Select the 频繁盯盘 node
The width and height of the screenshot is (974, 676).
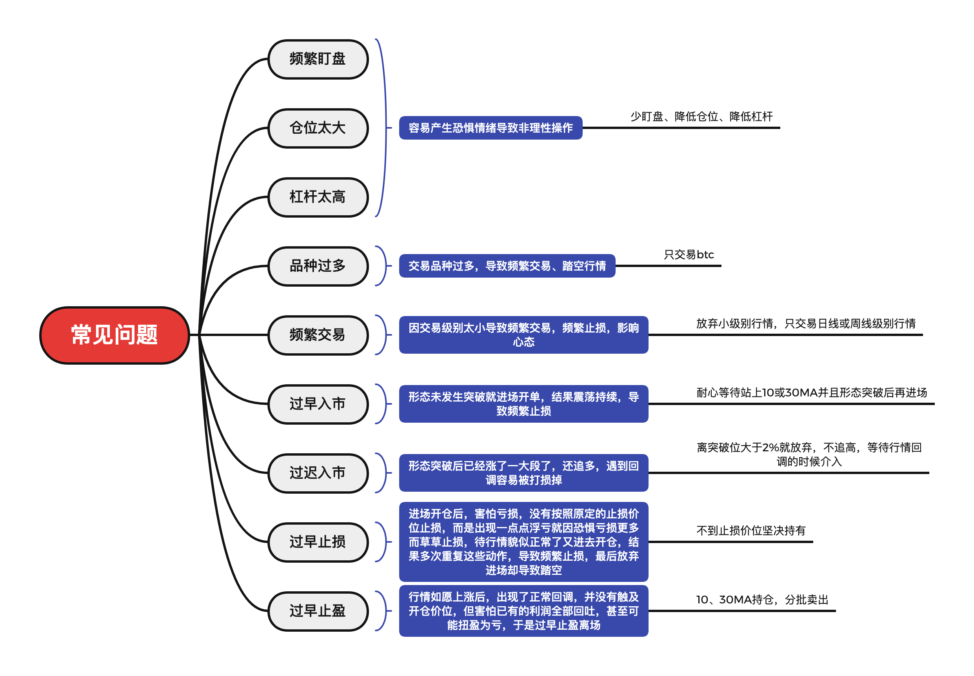coord(318,59)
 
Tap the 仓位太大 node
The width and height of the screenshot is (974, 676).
coord(318,128)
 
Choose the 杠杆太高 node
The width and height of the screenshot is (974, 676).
coord(318,197)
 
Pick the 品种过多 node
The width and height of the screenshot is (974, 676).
coord(318,266)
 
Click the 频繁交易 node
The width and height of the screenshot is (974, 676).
coord(318,335)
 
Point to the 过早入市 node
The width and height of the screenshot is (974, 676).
coord(318,404)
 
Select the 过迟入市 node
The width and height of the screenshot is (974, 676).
coord(318,473)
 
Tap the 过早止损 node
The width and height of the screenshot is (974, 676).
coord(318,542)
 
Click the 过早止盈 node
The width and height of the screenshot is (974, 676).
coord(318,611)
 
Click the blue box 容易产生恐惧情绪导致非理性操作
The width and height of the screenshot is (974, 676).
coord(491,128)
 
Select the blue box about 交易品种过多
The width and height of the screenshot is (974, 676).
coord(507,266)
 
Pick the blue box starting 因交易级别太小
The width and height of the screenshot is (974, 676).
coord(523,335)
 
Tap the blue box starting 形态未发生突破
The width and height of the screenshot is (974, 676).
coord(523,404)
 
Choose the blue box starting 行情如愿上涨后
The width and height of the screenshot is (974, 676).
coord(523,611)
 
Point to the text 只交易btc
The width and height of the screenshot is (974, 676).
coord(689,254)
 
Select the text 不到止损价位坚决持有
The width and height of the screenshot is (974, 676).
coord(751,531)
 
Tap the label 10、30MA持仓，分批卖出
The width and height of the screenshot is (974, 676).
coord(762,600)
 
